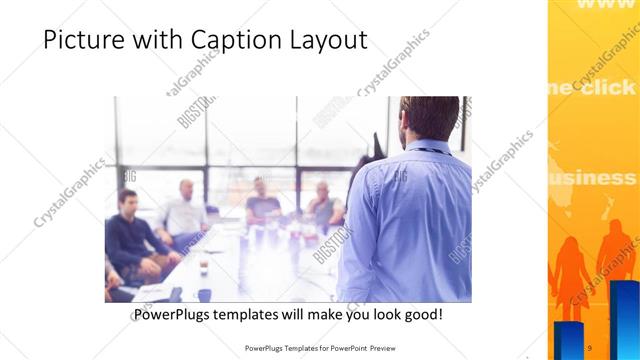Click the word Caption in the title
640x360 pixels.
(x=232, y=41)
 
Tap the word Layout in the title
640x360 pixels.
(x=325, y=41)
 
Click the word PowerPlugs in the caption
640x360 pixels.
(x=175, y=315)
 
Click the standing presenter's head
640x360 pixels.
(x=426, y=118)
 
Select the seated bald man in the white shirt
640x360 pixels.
(x=184, y=210)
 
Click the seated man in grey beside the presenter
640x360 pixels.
(x=323, y=204)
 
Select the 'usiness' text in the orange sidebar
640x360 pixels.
(x=594, y=178)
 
